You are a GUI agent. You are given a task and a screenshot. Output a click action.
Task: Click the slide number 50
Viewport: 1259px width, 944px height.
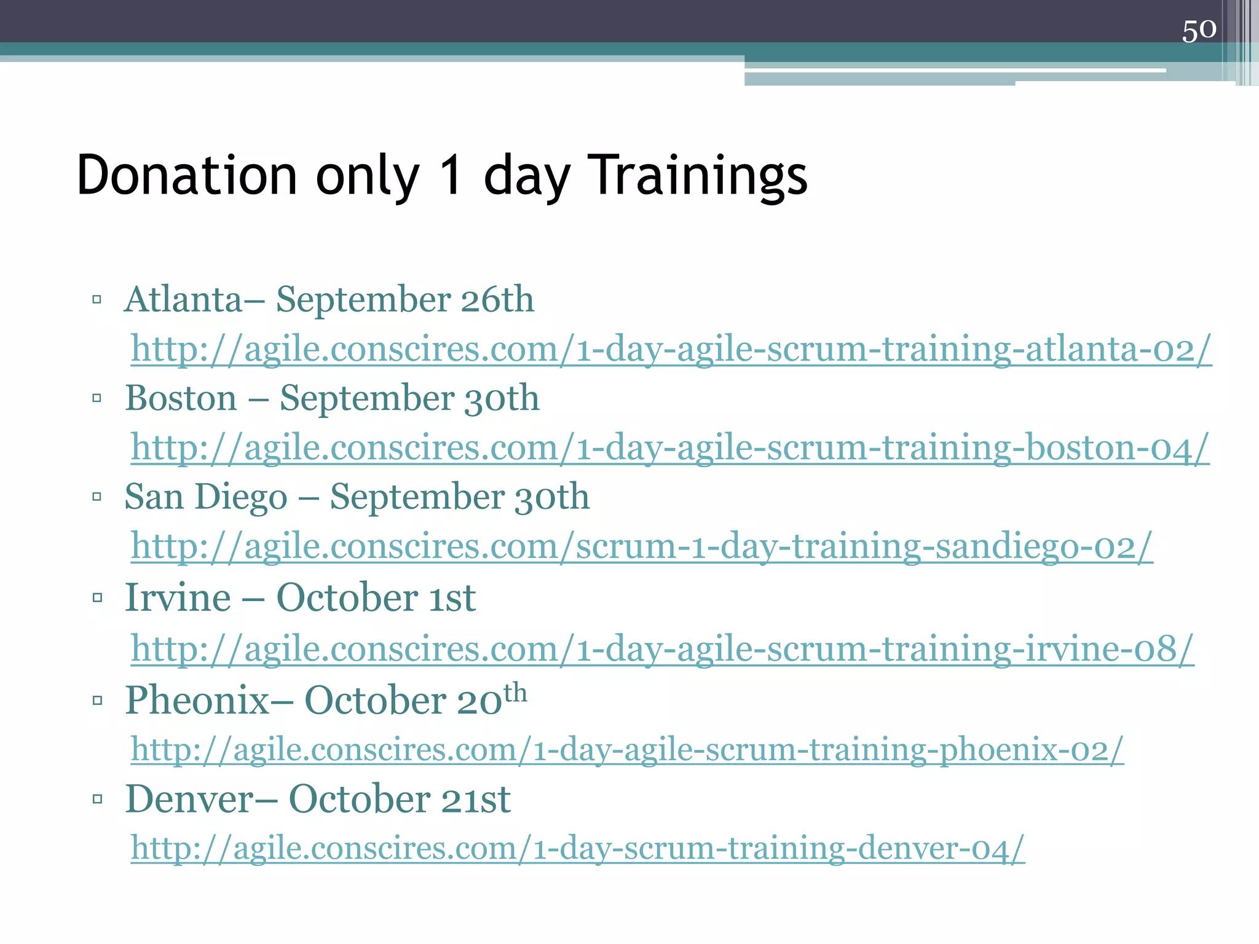[x=1199, y=29]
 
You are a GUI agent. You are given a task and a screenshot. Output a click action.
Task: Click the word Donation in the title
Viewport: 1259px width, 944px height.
[x=187, y=176]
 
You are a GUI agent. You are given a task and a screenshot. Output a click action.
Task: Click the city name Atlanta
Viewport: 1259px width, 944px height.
[x=183, y=300]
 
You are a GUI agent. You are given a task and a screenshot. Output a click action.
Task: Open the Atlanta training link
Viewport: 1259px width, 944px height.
[x=671, y=349]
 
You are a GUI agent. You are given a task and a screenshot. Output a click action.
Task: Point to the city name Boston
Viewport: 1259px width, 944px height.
[x=181, y=398]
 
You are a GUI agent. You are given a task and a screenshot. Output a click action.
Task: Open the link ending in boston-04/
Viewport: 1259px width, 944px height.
[x=670, y=447]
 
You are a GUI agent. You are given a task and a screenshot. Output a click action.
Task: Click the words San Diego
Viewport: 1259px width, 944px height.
[x=205, y=497]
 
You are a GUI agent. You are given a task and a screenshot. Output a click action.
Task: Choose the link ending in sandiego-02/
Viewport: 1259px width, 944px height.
[x=642, y=546]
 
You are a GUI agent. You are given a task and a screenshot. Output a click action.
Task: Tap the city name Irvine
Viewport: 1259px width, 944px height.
[x=178, y=597]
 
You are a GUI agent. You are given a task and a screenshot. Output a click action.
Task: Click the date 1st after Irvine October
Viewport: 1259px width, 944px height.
[x=452, y=597]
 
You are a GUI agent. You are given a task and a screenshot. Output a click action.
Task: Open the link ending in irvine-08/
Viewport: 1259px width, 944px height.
[x=662, y=648]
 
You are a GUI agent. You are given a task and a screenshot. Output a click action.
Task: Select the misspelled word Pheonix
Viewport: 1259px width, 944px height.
[x=197, y=700]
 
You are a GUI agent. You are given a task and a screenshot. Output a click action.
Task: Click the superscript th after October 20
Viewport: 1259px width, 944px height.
[x=515, y=693]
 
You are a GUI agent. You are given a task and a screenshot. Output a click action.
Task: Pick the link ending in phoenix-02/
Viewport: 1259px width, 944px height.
[x=627, y=749]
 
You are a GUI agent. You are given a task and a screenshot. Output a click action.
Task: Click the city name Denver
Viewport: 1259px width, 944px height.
[x=189, y=799]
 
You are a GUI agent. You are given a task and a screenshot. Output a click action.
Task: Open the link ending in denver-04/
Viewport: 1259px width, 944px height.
[x=578, y=848]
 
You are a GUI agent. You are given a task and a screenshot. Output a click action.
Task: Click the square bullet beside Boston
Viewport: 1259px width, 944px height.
[x=97, y=398]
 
